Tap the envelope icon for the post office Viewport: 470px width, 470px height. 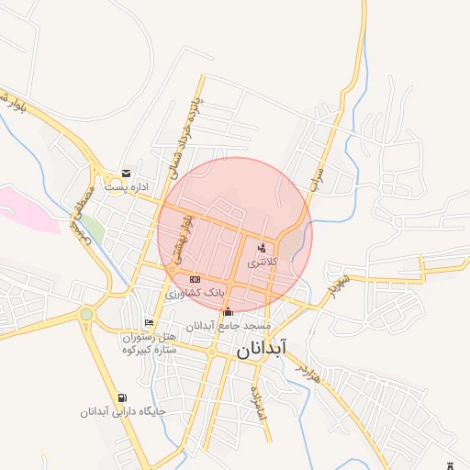pyautogui.click(x=126, y=173)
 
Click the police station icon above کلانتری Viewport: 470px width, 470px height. pyautogui.click(x=262, y=247)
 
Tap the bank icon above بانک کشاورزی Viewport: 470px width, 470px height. pyautogui.click(x=194, y=279)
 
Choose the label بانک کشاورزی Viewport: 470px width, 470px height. pyautogui.click(x=195, y=293)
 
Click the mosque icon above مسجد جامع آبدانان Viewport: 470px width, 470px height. pyautogui.click(x=228, y=312)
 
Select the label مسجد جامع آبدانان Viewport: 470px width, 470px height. pyautogui.click(x=229, y=326)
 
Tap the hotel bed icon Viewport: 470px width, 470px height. pyautogui.click(x=149, y=322)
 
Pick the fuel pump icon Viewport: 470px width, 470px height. pyautogui.click(x=123, y=397)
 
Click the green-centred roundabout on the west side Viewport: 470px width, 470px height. pyautogui.click(x=86, y=314)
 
